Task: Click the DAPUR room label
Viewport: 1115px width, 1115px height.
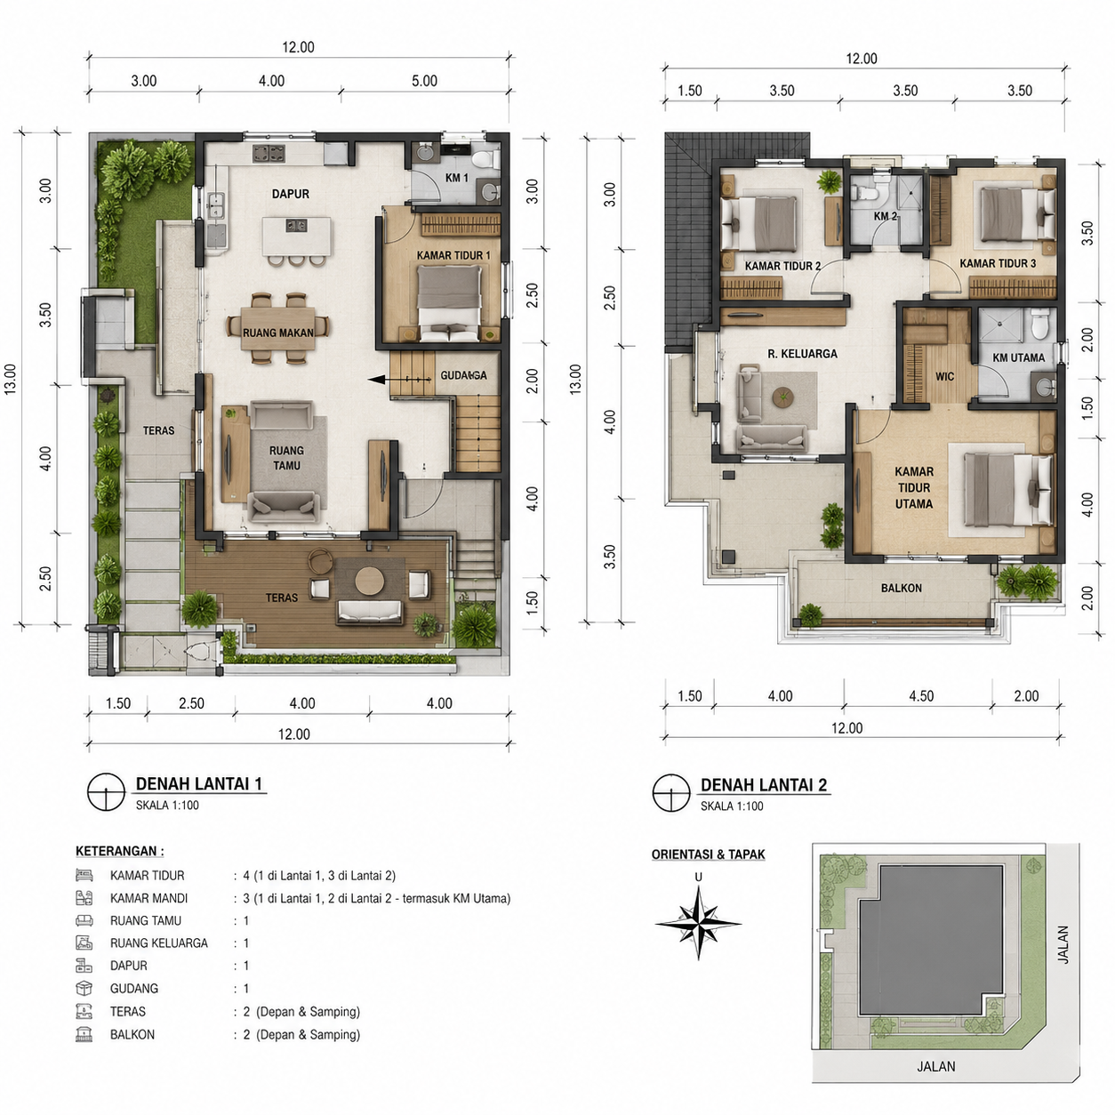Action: [x=291, y=194]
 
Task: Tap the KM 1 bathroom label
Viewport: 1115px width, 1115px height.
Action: [x=456, y=178]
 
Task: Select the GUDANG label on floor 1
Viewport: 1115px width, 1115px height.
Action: [x=463, y=375]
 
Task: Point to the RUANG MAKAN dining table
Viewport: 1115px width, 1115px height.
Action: [x=278, y=329]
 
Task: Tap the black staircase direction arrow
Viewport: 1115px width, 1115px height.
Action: [x=399, y=380]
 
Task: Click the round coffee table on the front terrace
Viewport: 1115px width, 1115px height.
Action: [x=369, y=581]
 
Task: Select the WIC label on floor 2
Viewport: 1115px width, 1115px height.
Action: [x=944, y=377]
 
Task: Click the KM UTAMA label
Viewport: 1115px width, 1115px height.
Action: [x=1018, y=357]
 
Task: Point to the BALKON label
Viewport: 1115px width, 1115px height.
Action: [x=902, y=588]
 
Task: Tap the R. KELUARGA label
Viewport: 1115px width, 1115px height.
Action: [x=802, y=354]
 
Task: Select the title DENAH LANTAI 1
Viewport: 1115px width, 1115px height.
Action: [x=198, y=783]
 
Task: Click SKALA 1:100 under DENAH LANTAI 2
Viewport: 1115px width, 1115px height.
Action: [x=732, y=806]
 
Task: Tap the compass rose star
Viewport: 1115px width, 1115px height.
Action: [x=698, y=924]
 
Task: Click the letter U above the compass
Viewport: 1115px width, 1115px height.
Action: [x=698, y=878]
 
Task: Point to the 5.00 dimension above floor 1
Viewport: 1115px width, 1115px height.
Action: [x=424, y=81]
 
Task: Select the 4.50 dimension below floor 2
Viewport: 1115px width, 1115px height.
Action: [x=921, y=696]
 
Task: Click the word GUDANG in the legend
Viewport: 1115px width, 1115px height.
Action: [x=133, y=988]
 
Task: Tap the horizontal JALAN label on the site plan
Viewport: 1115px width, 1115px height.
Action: [x=935, y=1066]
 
